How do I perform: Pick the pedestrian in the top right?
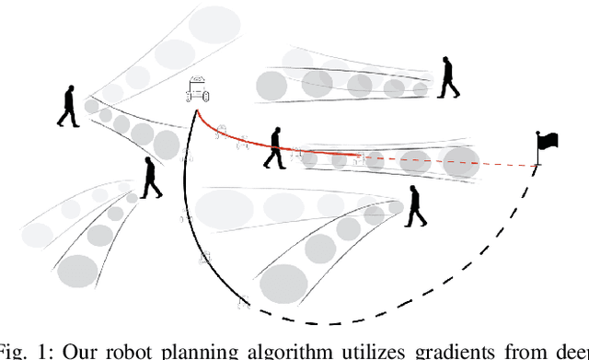coord(449,77)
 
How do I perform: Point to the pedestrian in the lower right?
coord(415,205)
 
